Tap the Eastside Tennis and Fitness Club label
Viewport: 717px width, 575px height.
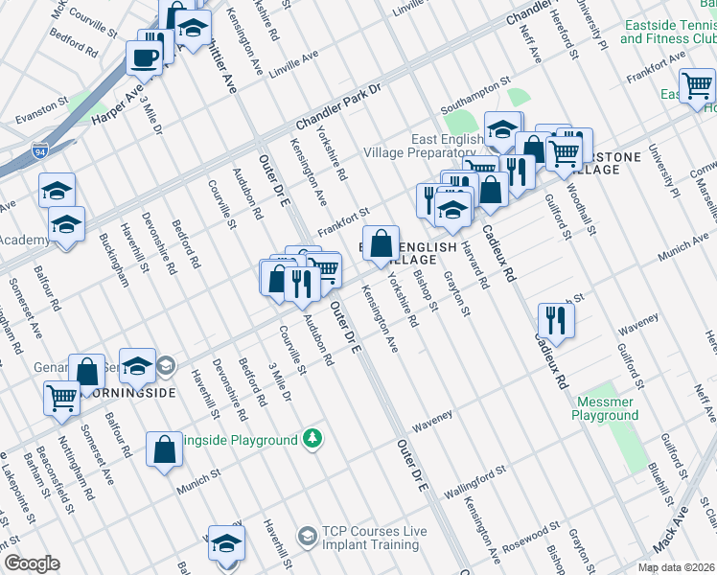pos(667,32)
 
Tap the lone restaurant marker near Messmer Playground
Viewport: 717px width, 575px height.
pos(555,320)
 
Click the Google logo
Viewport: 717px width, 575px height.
pos(31,563)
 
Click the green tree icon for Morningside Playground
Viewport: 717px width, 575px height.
pos(311,440)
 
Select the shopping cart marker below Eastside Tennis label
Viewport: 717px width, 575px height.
pos(697,86)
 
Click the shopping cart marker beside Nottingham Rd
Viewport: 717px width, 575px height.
pos(62,397)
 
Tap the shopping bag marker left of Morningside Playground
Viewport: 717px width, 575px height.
pos(164,449)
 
